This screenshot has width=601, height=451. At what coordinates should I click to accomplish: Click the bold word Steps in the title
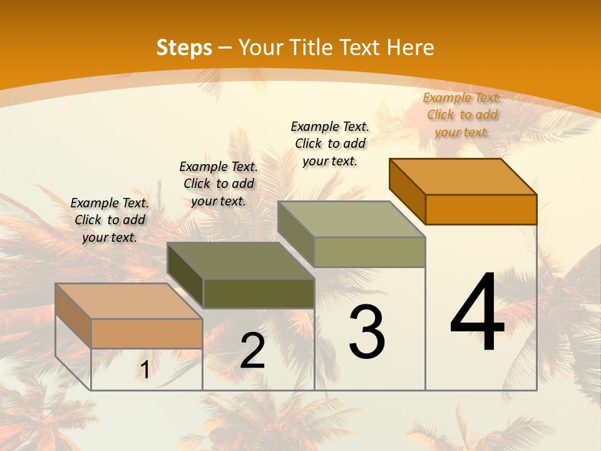click(x=184, y=48)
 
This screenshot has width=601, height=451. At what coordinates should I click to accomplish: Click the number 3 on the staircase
click(x=367, y=331)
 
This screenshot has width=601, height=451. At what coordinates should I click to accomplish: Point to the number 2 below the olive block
click(x=253, y=351)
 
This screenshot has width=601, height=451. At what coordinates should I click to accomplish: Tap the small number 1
click(x=145, y=370)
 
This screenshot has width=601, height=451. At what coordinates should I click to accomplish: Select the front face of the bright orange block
click(x=481, y=209)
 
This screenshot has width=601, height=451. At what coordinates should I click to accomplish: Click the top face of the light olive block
click(x=352, y=219)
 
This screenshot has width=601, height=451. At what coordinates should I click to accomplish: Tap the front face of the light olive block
click(x=369, y=252)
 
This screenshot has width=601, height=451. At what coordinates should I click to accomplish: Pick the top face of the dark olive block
click(x=241, y=261)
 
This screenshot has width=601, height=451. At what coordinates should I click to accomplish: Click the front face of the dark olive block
click(x=259, y=293)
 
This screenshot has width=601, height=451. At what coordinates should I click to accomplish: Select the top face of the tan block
click(x=129, y=301)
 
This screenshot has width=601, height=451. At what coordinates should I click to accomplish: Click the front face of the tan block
click(x=146, y=333)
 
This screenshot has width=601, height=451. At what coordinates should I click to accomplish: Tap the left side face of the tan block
click(x=73, y=315)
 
